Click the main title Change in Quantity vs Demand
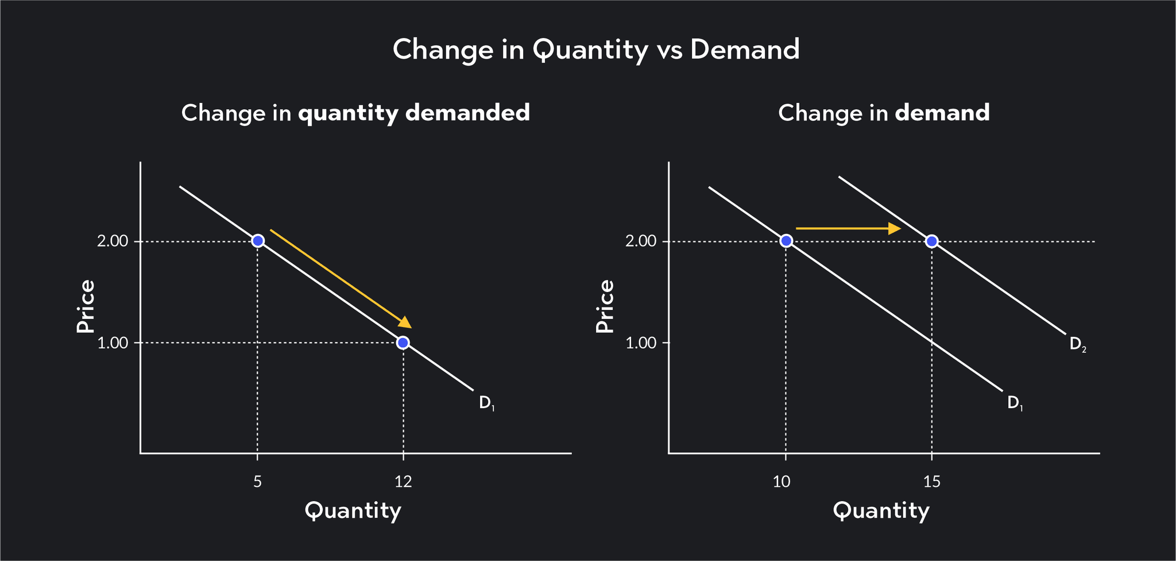tap(595, 50)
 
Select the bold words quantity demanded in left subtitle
tap(413, 113)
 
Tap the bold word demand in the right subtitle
tap(942, 113)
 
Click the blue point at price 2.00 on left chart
tap(258, 241)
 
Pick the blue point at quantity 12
tap(403, 343)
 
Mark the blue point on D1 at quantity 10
tap(786, 241)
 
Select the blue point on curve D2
tap(931, 241)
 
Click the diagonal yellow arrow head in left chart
tap(405, 322)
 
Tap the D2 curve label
tap(1077, 345)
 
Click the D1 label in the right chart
tap(1015, 403)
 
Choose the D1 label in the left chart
tap(486, 403)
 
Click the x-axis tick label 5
tap(257, 482)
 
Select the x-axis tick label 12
tap(403, 482)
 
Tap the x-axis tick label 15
tap(931, 482)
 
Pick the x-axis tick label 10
tap(782, 482)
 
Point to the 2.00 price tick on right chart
tap(640, 241)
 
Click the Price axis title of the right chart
tap(605, 306)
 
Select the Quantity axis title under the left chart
tap(353, 510)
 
